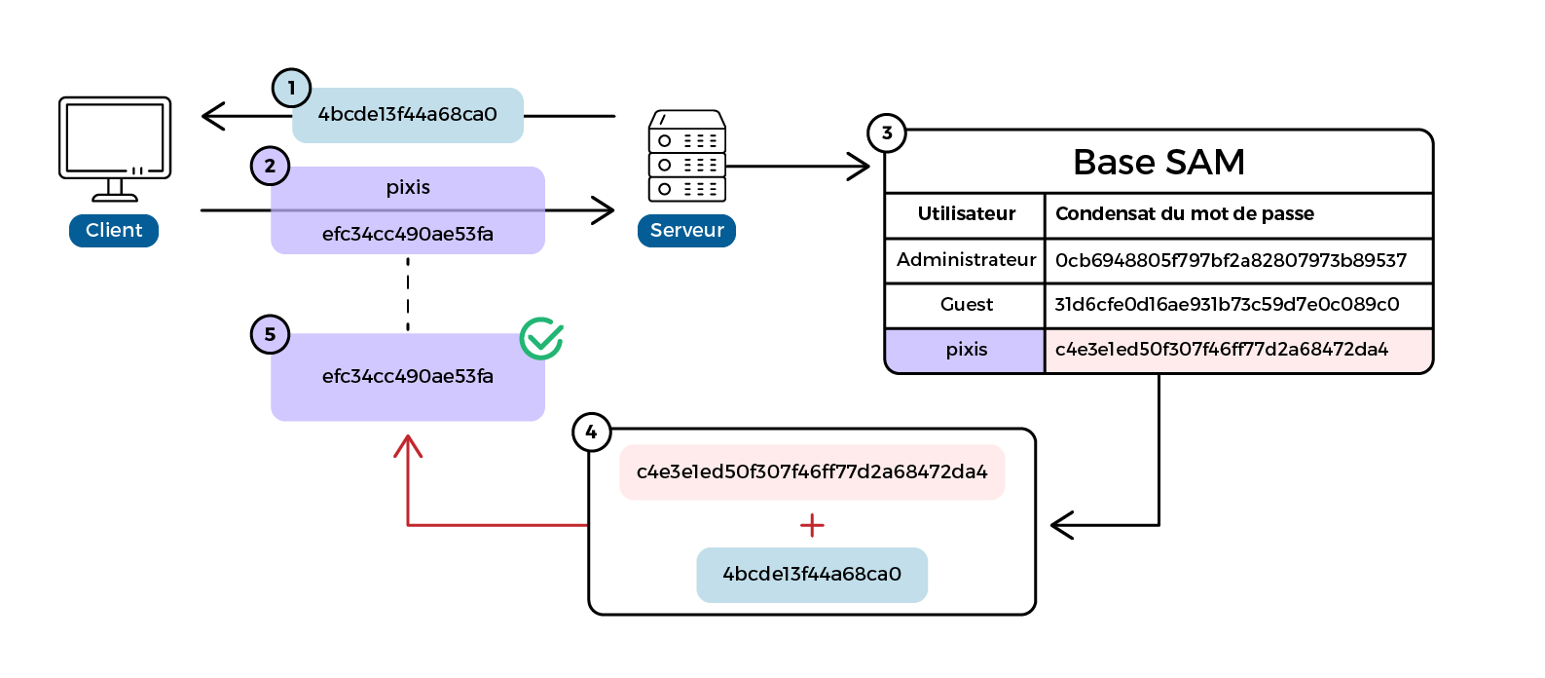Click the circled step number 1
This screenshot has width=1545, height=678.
[x=292, y=89]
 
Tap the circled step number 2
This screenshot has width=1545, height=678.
[x=270, y=166]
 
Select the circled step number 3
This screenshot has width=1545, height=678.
[x=887, y=132]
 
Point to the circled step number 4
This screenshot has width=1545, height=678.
[x=591, y=433]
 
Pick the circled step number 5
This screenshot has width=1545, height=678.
[x=270, y=335]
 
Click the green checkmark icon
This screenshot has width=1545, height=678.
[x=541, y=338]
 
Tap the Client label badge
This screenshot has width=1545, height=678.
[x=114, y=231]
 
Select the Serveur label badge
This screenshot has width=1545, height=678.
[x=686, y=231]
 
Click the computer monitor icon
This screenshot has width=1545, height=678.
[x=115, y=149]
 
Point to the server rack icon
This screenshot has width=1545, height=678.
[x=687, y=156]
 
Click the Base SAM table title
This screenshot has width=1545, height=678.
[x=1159, y=163]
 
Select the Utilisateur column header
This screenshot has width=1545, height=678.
[x=967, y=214]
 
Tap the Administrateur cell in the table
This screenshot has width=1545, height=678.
[x=966, y=259]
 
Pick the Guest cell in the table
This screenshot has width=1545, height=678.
[x=967, y=305]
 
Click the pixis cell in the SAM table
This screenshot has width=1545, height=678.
[x=967, y=350]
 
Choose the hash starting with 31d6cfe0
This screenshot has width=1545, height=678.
[x=1227, y=305]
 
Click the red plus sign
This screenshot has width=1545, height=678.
[x=812, y=525]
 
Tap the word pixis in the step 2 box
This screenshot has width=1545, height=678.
[x=408, y=187]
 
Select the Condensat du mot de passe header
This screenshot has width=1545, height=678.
[x=1184, y=214]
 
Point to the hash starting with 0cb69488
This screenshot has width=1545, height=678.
[x=1231, y=260]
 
